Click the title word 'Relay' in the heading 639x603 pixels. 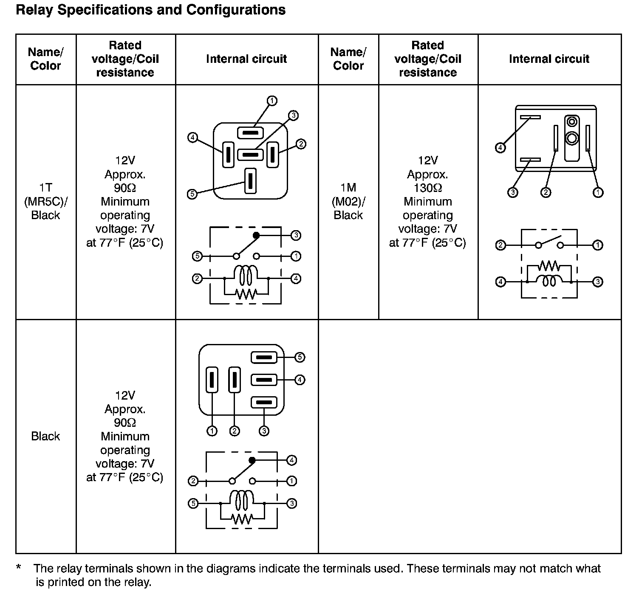[x=34, y=10]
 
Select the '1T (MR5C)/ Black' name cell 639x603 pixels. [x=45, y=201]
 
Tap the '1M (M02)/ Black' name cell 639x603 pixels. [x=348, y=201]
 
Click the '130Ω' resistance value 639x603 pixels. [x=427, y=188]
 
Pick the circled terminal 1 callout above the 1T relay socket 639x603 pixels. [x=272, y=101]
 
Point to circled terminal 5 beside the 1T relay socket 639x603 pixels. [x=192, y=194]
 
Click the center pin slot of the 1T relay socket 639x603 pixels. [x=250, y=154]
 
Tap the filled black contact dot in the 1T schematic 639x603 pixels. [x=256, y=235]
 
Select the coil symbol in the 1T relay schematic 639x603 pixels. [x=246, y=276]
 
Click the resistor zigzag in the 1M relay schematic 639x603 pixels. [x=549, y=266]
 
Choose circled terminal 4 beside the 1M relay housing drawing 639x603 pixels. [x=500, y=147]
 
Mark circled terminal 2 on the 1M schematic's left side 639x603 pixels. [x=501, y=245]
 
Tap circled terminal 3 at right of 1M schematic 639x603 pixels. [x=597, y=282]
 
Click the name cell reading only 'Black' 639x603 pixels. [x=45, y=436]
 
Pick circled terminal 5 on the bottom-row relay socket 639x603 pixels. [x=300, y=357]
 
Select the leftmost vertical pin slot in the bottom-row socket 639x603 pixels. [x=212, y=380]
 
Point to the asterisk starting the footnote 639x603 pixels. [x=18, y=568]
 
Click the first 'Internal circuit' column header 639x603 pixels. [x=246, y=59]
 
